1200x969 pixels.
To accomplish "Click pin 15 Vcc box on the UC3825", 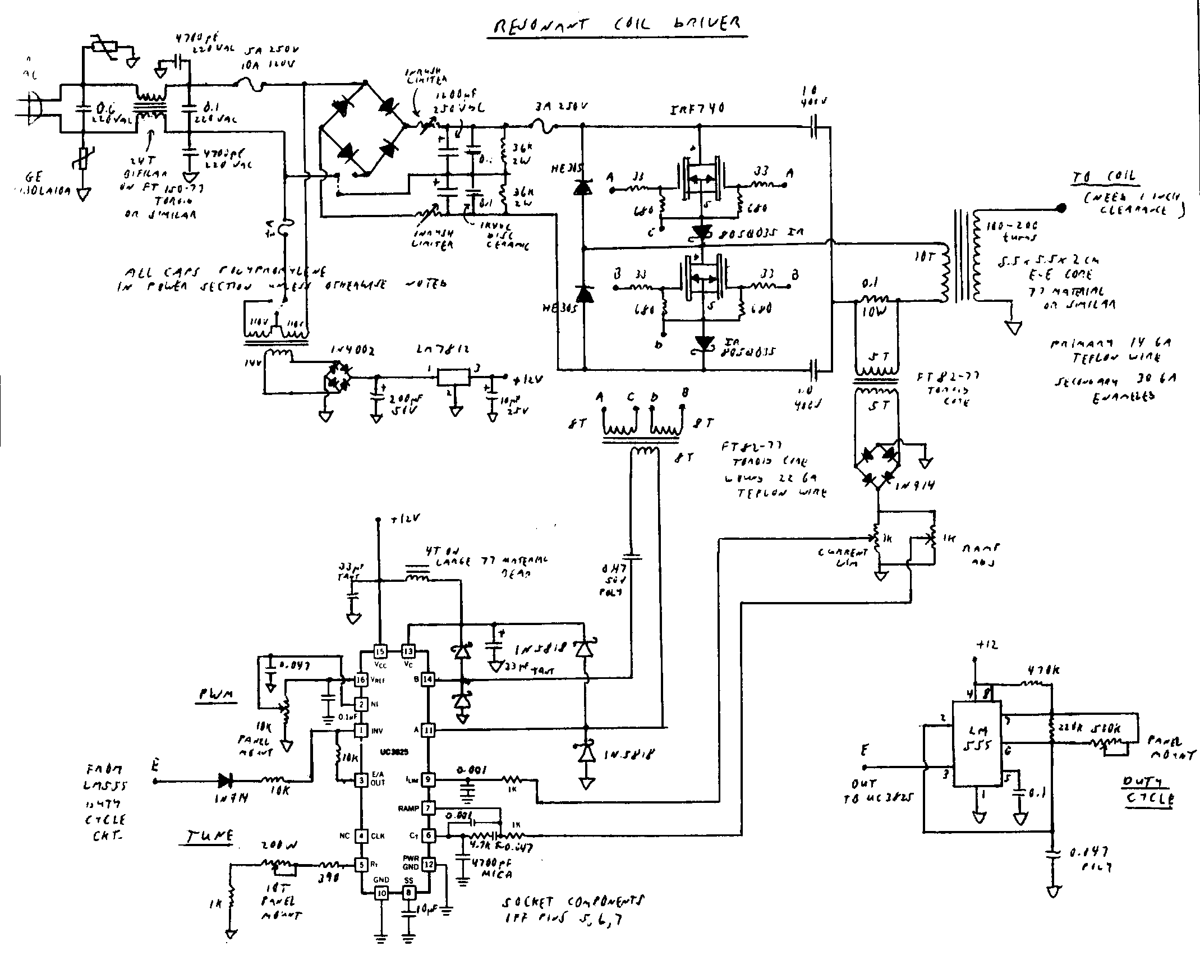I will [x=380, y=651].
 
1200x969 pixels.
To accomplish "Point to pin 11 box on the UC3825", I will [x=428, y=730].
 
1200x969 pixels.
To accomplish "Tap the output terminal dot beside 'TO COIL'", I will [x=1060, y=209].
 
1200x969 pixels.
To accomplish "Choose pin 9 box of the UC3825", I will [x=428, y=779].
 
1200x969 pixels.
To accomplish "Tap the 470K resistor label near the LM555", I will [x=1043, y=672].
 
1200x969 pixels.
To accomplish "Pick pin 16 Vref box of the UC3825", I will [x=361, y=679].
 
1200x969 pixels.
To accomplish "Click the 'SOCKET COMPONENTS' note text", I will [x=572, y=903].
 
